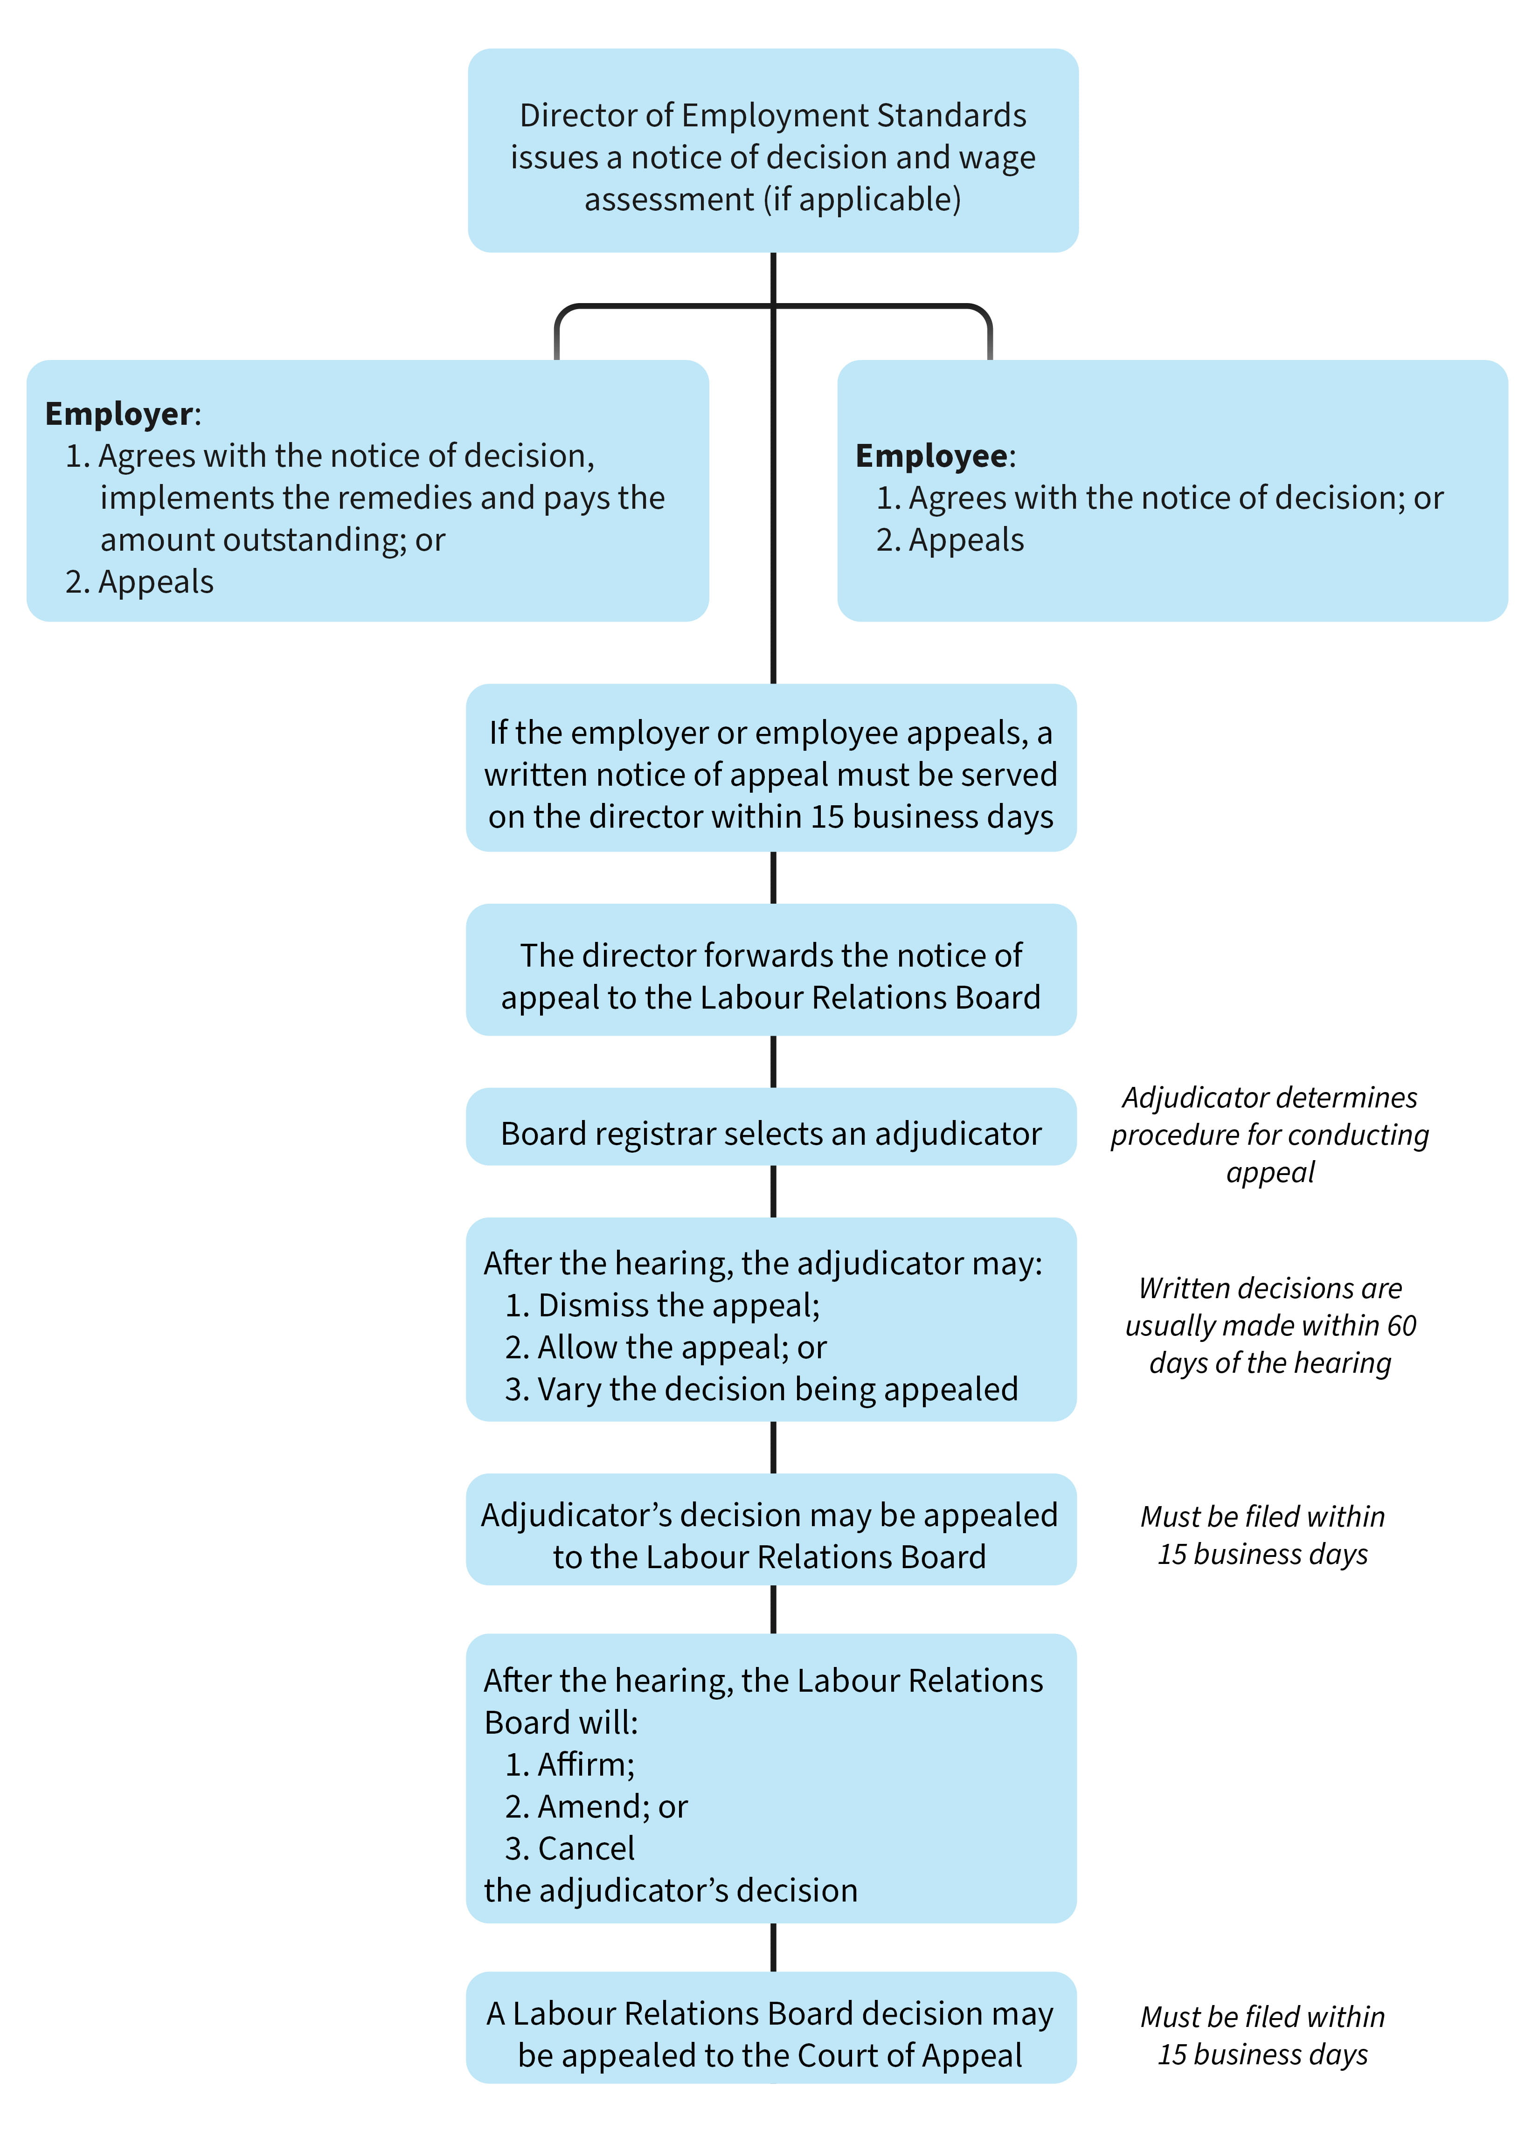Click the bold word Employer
pos(119,414)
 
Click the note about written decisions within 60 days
pos(1269,1325)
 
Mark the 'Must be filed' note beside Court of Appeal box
pos(1262,2035)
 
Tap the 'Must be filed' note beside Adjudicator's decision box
pos(1262,1535)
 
